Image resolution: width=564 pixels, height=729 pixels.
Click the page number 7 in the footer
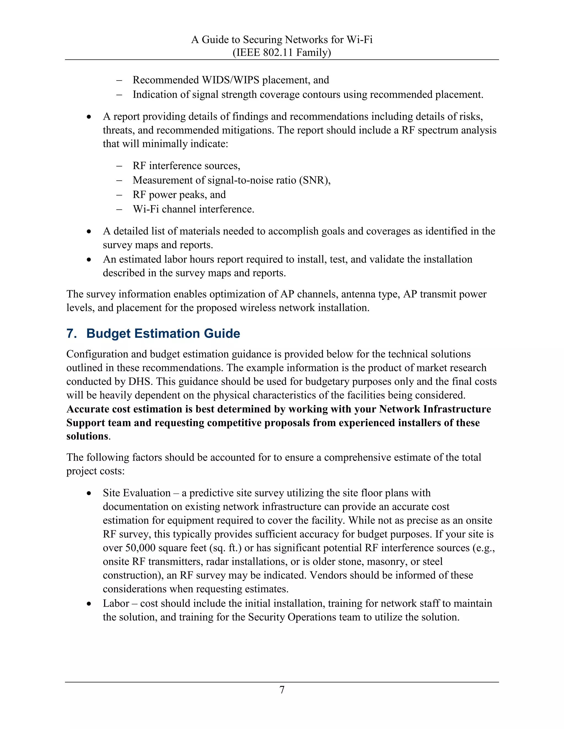coord(282,690)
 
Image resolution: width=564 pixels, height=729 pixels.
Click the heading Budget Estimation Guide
coord(163,333)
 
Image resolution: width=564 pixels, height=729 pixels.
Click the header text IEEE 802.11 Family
coord(282,52)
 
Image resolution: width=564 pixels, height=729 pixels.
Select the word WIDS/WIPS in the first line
coord(230,80)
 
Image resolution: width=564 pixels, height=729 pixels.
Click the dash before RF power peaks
coord(119,194)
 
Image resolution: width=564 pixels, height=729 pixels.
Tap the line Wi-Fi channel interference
coord(193,209)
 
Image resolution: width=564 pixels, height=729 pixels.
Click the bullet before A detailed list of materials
coord(89,231)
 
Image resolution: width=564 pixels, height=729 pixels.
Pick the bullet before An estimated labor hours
coord(89,259)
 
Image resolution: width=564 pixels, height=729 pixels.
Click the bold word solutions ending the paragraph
coord(87,437)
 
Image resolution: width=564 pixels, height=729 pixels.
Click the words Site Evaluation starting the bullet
coord(137,493)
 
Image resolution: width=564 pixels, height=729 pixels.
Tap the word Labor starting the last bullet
coord(116,604)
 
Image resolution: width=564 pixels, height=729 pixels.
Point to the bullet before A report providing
coord(89,117)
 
